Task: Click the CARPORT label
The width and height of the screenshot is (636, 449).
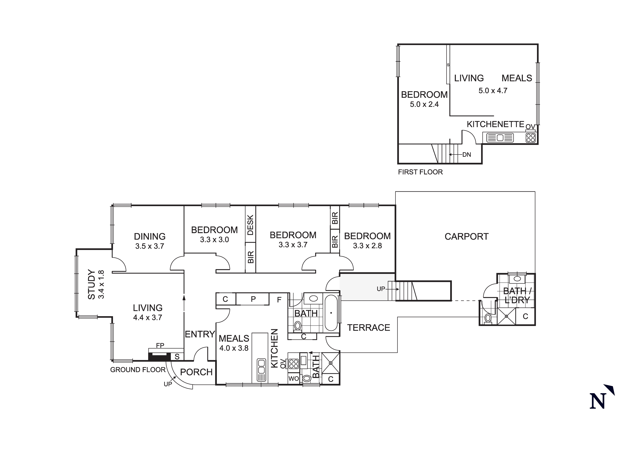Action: [466, 237]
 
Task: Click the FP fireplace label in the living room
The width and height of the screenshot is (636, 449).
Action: [160, 345]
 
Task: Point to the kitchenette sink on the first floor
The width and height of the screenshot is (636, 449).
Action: [500, 138]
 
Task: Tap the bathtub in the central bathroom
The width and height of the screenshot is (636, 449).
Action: [331, 313]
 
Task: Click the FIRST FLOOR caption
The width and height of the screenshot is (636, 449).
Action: [420, 172]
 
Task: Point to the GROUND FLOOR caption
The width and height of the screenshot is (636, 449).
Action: [138, 370]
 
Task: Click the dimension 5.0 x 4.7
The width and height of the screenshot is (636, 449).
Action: [493, 91]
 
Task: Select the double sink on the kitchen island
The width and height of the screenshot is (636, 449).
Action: [261, 370]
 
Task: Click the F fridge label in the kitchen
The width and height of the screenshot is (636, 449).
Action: [279, 300]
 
